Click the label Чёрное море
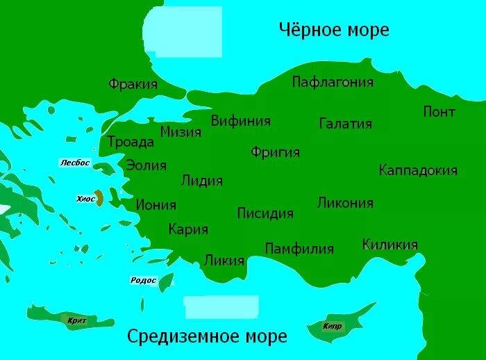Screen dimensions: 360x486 tap(333, 30)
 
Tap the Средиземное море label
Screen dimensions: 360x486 tap(207, 337)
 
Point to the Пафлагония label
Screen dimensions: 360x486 tap(333, 82)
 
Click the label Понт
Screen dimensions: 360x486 tap(439, 112)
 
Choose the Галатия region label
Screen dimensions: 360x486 tap(345, 124)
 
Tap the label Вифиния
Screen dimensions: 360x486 tap(240, 120)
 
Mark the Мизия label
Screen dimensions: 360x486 tap(181, 132)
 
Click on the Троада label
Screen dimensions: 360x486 tap(131, 142)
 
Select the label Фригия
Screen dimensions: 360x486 tap(275, 152)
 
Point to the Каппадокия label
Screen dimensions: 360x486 tap(418, 170)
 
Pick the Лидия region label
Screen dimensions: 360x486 tap(201, 181)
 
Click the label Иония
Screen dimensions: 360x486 tap(156, 205)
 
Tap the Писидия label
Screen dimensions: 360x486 tap(265, 213)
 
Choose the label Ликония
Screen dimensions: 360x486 tap(345, 203)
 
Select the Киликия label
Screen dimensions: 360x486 tap(389, 245)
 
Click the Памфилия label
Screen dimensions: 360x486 tap(299, 248)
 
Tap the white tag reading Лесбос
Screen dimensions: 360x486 tap(75, 163)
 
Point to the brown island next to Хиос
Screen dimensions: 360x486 tap(100, 199)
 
